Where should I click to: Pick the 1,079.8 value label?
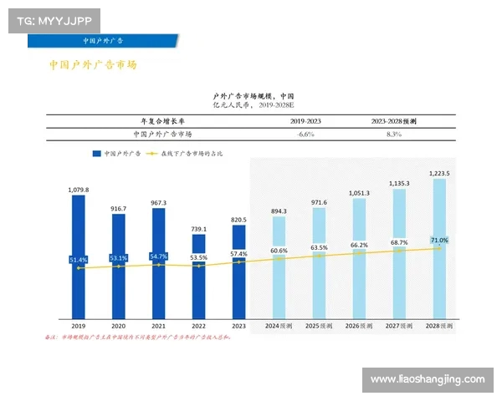tap(78, 190)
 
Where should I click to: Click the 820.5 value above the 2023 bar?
tap(238, 220)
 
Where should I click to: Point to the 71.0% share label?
tap(439, 240)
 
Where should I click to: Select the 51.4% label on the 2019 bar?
tap(78, 260)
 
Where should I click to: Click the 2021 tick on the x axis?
tap(158, 326)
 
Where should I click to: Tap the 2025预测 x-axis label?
tap(319, 326)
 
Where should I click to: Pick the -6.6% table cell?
tap(305, 134)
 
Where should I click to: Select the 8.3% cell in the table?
tap(394, 134)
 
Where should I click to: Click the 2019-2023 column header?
tap(305, 121)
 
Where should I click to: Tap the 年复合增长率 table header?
tap(162, 121)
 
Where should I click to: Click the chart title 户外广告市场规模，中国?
tap(254, 97)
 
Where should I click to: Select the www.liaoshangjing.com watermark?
tap(427, 380)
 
